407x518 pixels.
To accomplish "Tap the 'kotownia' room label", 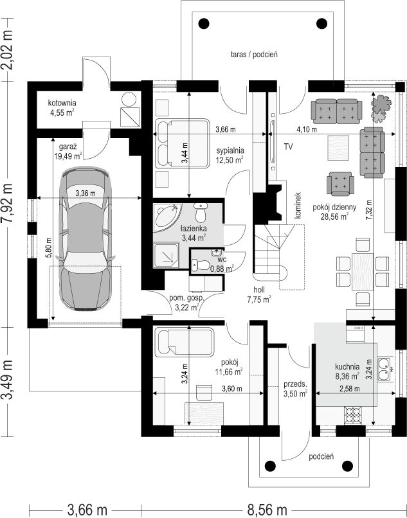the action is coord(62,103).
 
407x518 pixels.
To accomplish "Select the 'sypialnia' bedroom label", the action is coord(230,150).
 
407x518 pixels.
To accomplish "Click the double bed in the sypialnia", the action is coord(182,143).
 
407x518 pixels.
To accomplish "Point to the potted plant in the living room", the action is coord(381,109).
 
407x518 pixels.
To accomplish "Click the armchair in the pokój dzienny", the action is coord(340,184).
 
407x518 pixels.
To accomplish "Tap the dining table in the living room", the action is coord(363,272).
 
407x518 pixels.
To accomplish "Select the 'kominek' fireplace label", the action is coord(298,205).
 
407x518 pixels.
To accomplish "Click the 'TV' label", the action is coord(288,147).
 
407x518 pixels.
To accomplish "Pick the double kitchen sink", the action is coord(385,369).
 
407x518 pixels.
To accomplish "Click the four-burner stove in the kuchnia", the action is coord(353,415).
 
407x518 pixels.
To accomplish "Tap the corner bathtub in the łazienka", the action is coord(167,216).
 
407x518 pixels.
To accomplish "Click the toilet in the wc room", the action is coord(201,265).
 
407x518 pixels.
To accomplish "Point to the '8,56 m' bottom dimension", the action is coord(267,510).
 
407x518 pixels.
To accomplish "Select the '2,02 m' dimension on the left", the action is coord(6,50).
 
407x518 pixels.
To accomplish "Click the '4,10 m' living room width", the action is coord(307,130).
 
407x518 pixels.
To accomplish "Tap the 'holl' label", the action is coord(259,290).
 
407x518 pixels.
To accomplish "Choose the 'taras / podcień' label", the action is coord(254,54).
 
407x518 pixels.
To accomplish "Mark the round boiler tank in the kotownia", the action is coord(129,99).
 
